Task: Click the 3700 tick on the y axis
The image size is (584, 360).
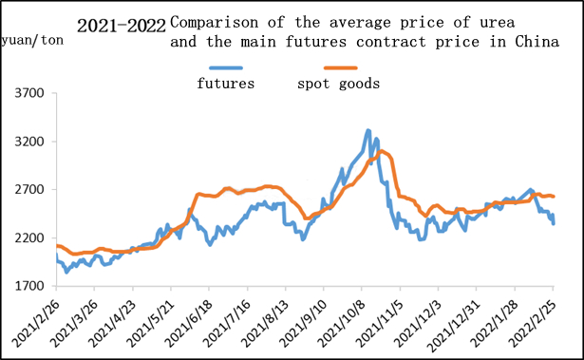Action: pos(31,93)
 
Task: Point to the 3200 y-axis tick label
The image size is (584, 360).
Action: pos(31,142)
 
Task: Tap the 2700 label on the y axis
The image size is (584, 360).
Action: pos(31,190)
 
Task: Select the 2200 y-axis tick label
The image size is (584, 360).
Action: pos(31,237)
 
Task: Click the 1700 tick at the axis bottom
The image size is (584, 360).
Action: pos(31,286)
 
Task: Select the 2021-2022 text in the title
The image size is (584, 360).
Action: pos(121,23)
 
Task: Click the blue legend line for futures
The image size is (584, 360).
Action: pos(225,67)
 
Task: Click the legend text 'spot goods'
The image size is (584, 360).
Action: pos(339,84)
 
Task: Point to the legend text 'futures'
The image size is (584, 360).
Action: pos(225,84)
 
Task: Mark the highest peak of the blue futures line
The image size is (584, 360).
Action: pos(368,131)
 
